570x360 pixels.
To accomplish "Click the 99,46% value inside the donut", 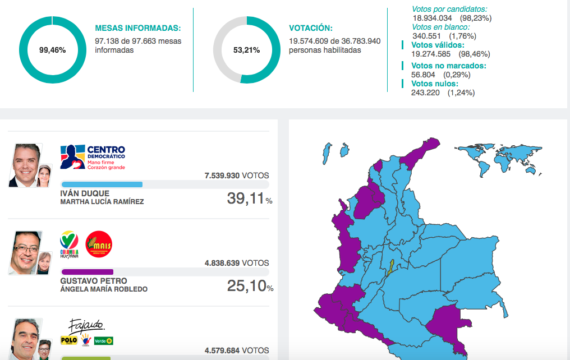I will click(x=52, y=50).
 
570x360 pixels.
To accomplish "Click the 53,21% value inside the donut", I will click(x=246, y=50).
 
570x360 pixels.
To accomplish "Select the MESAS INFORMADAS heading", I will click(x=138, y=28).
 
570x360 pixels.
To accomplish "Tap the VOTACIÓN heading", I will click(x=310, y=28).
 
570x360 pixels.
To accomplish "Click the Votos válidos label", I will click(x=438, y=45).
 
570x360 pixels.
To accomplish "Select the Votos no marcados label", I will click(x=449, y=65).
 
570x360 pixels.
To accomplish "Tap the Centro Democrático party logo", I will click(x=93, y=157).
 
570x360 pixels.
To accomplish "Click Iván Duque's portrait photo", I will click(x=26, y=165).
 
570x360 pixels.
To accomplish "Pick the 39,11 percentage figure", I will click(x=245, y=199).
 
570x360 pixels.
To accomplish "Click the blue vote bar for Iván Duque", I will click(x=102, y=184).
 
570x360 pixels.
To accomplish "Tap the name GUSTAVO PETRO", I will click(x=93, y=281).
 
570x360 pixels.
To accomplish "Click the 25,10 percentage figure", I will click(x=246, y=286).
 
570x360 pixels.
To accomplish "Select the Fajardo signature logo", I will click(x=86, y=325).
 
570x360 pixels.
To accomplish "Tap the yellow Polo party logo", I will click(x=68, y=340).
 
